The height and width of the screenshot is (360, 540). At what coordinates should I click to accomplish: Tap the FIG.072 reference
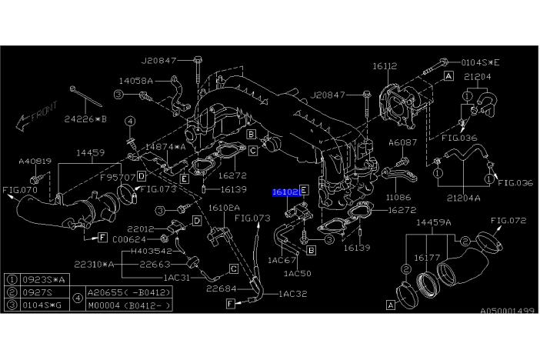[x=508, y=220]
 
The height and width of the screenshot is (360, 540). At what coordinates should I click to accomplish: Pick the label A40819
[x=35, y=162]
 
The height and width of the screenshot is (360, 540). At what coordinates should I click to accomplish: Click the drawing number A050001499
[x=507, y=312]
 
